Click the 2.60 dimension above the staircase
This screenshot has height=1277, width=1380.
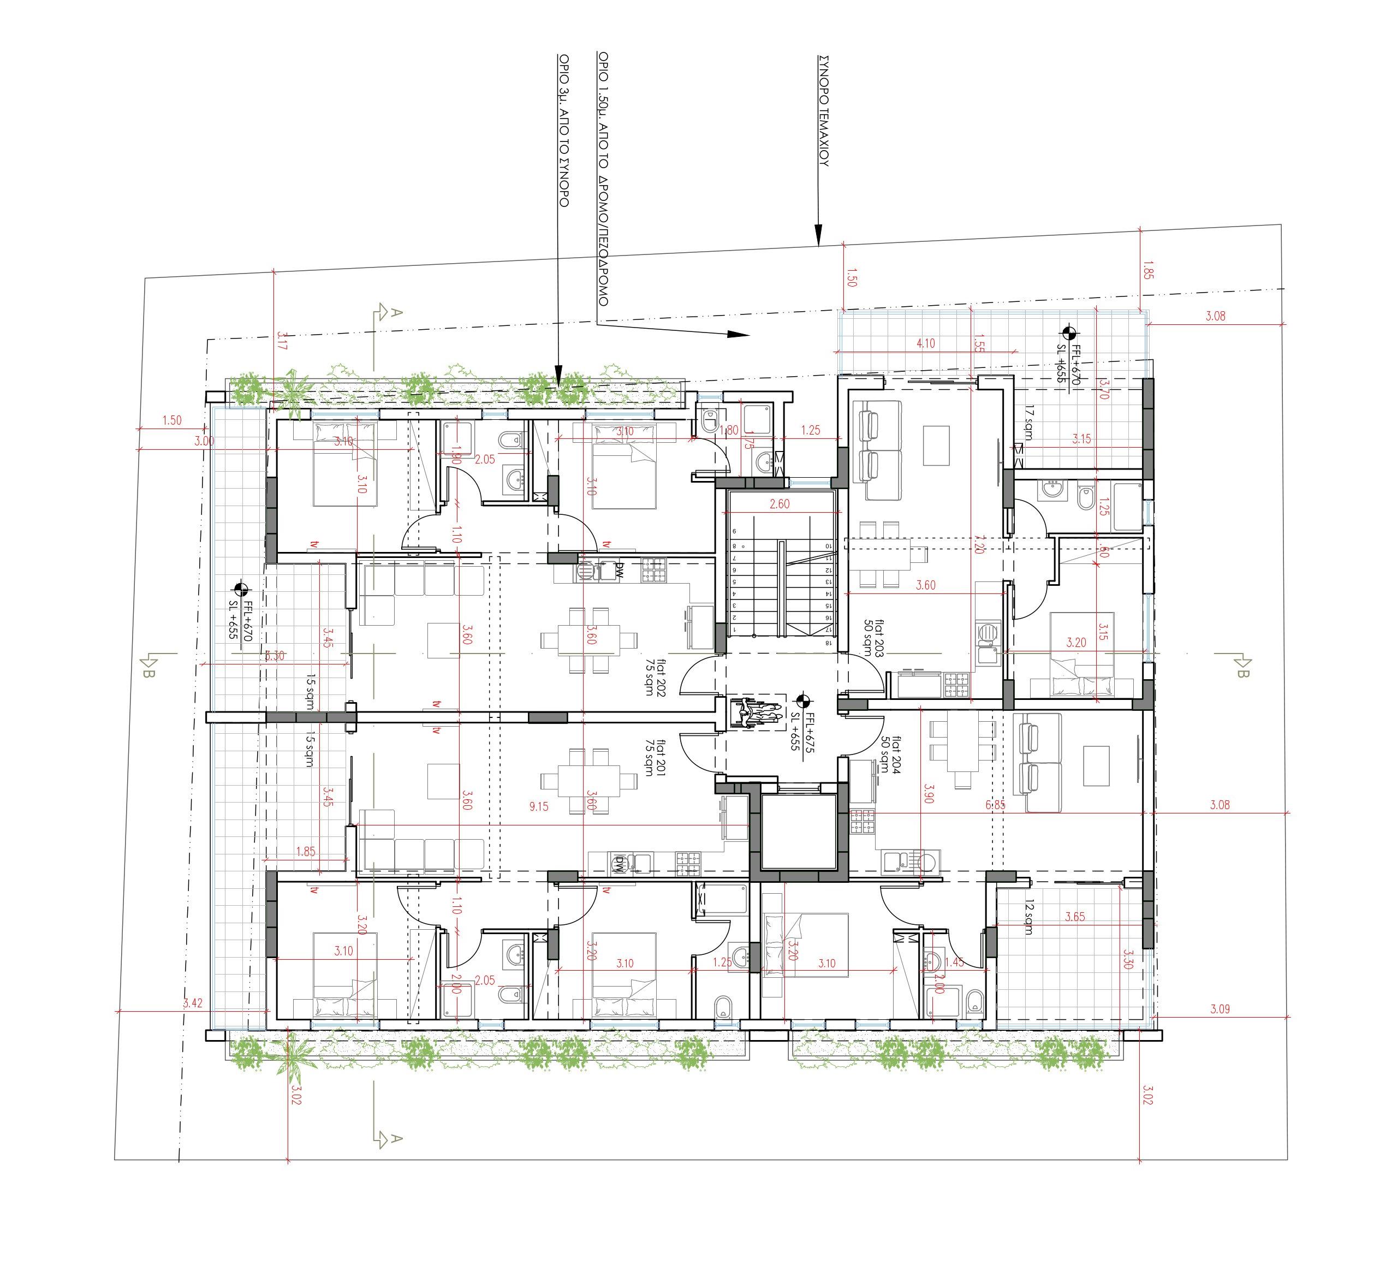click(779, 504)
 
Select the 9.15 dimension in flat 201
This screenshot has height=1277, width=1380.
click(538, 806)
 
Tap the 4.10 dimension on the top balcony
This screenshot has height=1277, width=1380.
click(925, 343)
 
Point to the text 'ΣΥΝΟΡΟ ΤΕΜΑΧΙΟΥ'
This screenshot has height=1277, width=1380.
click(822, 111)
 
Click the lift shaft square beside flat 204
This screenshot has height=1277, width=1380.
click(798, 833)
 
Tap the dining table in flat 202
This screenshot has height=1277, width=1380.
click(589, 640)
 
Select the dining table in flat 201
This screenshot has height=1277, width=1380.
click(589, 780)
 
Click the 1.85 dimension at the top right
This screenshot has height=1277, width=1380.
click(1148, 270)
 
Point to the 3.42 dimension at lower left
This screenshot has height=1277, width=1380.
click(193, 1003)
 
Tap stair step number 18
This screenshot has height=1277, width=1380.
click(828, 643)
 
